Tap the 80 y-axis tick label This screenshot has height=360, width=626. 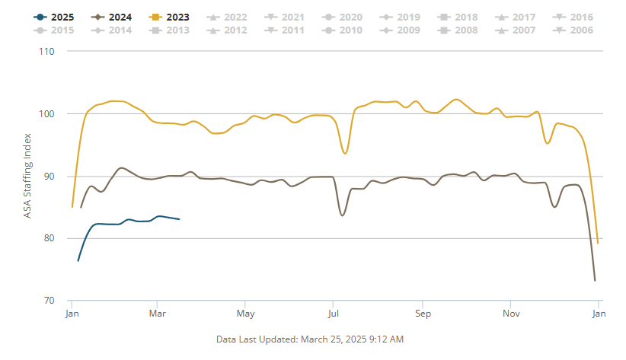[x=50, y=238]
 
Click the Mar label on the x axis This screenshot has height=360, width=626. [x=158, y=313]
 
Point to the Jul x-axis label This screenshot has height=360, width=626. [x=332, y=313]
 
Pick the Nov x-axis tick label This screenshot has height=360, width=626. [x=512, y=313]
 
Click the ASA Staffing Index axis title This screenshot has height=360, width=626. [x=27, y=176]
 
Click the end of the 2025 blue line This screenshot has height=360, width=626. [x=179, y=219]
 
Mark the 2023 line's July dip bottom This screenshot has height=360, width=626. [x=345, y=154]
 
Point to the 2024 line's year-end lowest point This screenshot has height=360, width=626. [x=595, y=280]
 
